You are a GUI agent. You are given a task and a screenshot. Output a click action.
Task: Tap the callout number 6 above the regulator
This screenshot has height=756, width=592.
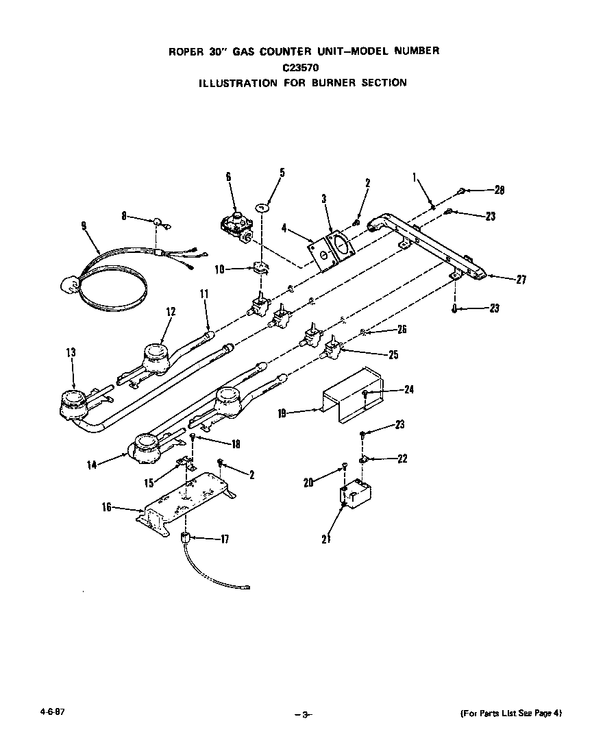[x=228, y=177]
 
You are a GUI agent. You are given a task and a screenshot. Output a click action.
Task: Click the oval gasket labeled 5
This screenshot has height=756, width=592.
[x=262, y=207]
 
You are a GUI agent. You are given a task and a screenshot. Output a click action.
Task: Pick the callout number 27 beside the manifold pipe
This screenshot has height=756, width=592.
[x=521, y=279]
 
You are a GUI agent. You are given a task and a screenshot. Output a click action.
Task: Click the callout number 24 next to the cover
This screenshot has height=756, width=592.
[x=409, y=389]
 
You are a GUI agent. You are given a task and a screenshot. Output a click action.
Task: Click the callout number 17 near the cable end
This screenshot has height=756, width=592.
[x=225, y=539]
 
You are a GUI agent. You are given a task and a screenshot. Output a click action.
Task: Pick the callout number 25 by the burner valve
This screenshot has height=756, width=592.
[x=393, y=355]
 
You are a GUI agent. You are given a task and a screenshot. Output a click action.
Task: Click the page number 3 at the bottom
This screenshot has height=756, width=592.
[x=305, y=715]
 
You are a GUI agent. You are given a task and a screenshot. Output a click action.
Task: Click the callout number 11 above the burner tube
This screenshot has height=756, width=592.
[x=204, y=293]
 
